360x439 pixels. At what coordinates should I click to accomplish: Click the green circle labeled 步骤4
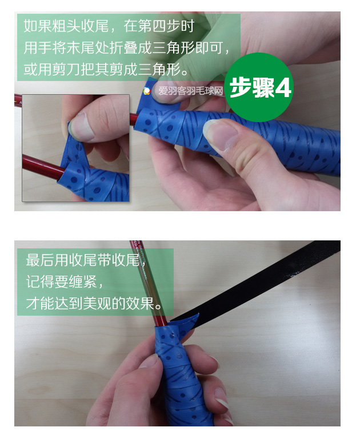pos(259,87)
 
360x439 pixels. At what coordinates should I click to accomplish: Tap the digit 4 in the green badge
pos(283,88)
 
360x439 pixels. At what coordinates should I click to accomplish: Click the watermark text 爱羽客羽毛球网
pos(191,91)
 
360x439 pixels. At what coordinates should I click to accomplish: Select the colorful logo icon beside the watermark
pos(147,91)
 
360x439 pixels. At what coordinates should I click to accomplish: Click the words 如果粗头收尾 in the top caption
pos(66,27)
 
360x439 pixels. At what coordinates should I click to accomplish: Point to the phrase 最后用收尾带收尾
pos(83,260)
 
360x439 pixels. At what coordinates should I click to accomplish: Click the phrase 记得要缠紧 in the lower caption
pos(61,281)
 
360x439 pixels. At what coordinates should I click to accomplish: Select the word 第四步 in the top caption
pos(159,27)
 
